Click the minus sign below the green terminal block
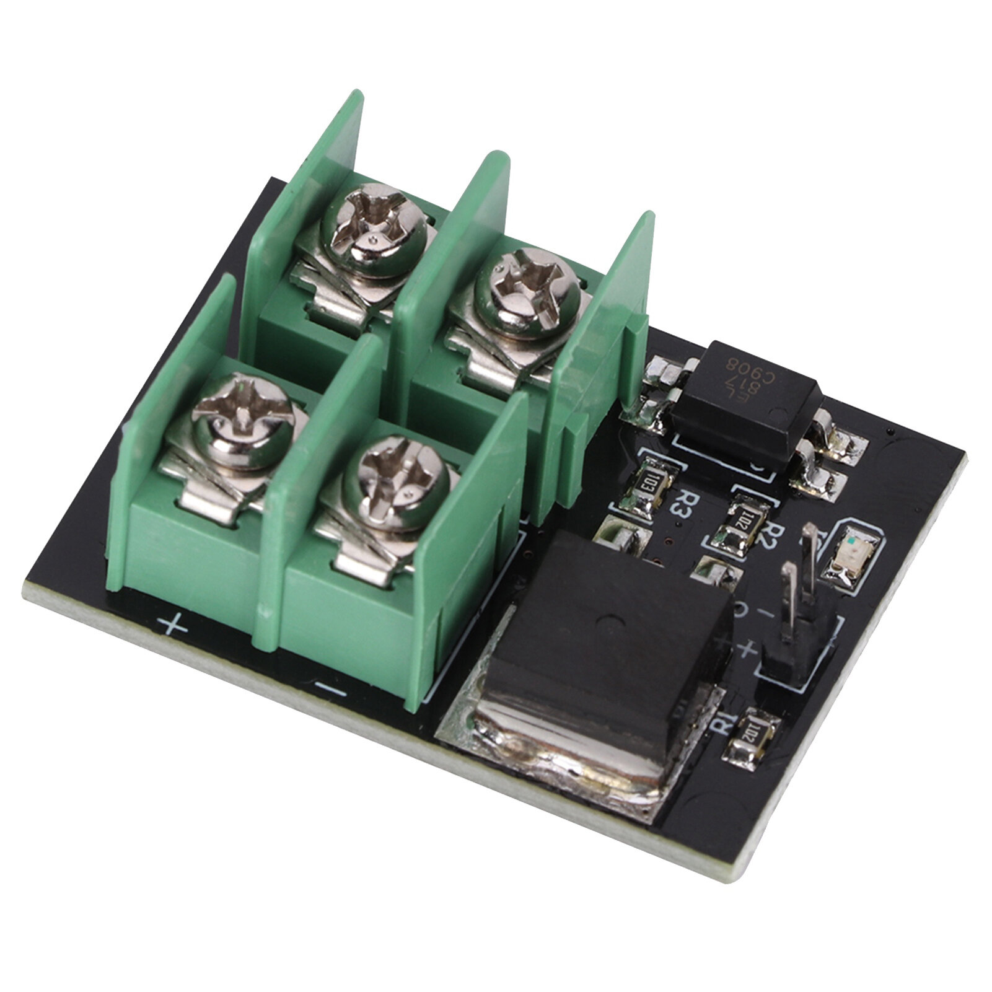[x=329, y=687]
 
